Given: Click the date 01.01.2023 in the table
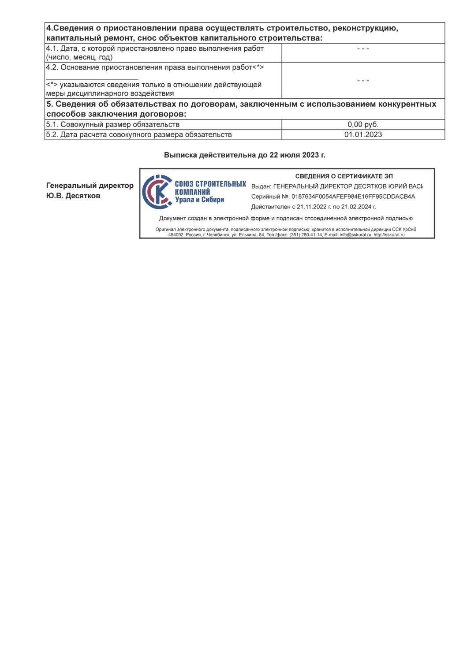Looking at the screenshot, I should (x=363, y=135).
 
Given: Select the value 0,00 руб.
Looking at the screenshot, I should (x=363, y=125).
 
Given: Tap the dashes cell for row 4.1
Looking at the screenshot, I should (x=363, y=49).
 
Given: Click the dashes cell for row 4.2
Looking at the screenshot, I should (x=363, y=81).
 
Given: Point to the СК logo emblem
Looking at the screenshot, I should (x=157, y=192).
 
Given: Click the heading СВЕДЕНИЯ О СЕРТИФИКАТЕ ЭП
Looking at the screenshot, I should (x=344, y=176).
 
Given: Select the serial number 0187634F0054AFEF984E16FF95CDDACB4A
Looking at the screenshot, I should (x=353, y=197).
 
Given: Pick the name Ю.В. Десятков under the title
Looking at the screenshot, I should (x=73, y=196).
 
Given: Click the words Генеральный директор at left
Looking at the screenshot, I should (x=90, y=186).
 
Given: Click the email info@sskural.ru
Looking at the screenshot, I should (x=355, y=235).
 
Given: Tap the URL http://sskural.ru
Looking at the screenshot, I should (x=389, y=235).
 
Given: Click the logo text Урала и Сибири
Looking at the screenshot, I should (x=200, y=200).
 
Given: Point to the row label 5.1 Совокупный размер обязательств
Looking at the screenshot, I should (x=113, y=125).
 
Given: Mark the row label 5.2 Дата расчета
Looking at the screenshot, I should (x=139, y=135).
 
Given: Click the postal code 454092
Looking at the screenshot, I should (x=176, y=235).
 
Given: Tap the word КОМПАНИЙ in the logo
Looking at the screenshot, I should (x=192, y=192).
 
